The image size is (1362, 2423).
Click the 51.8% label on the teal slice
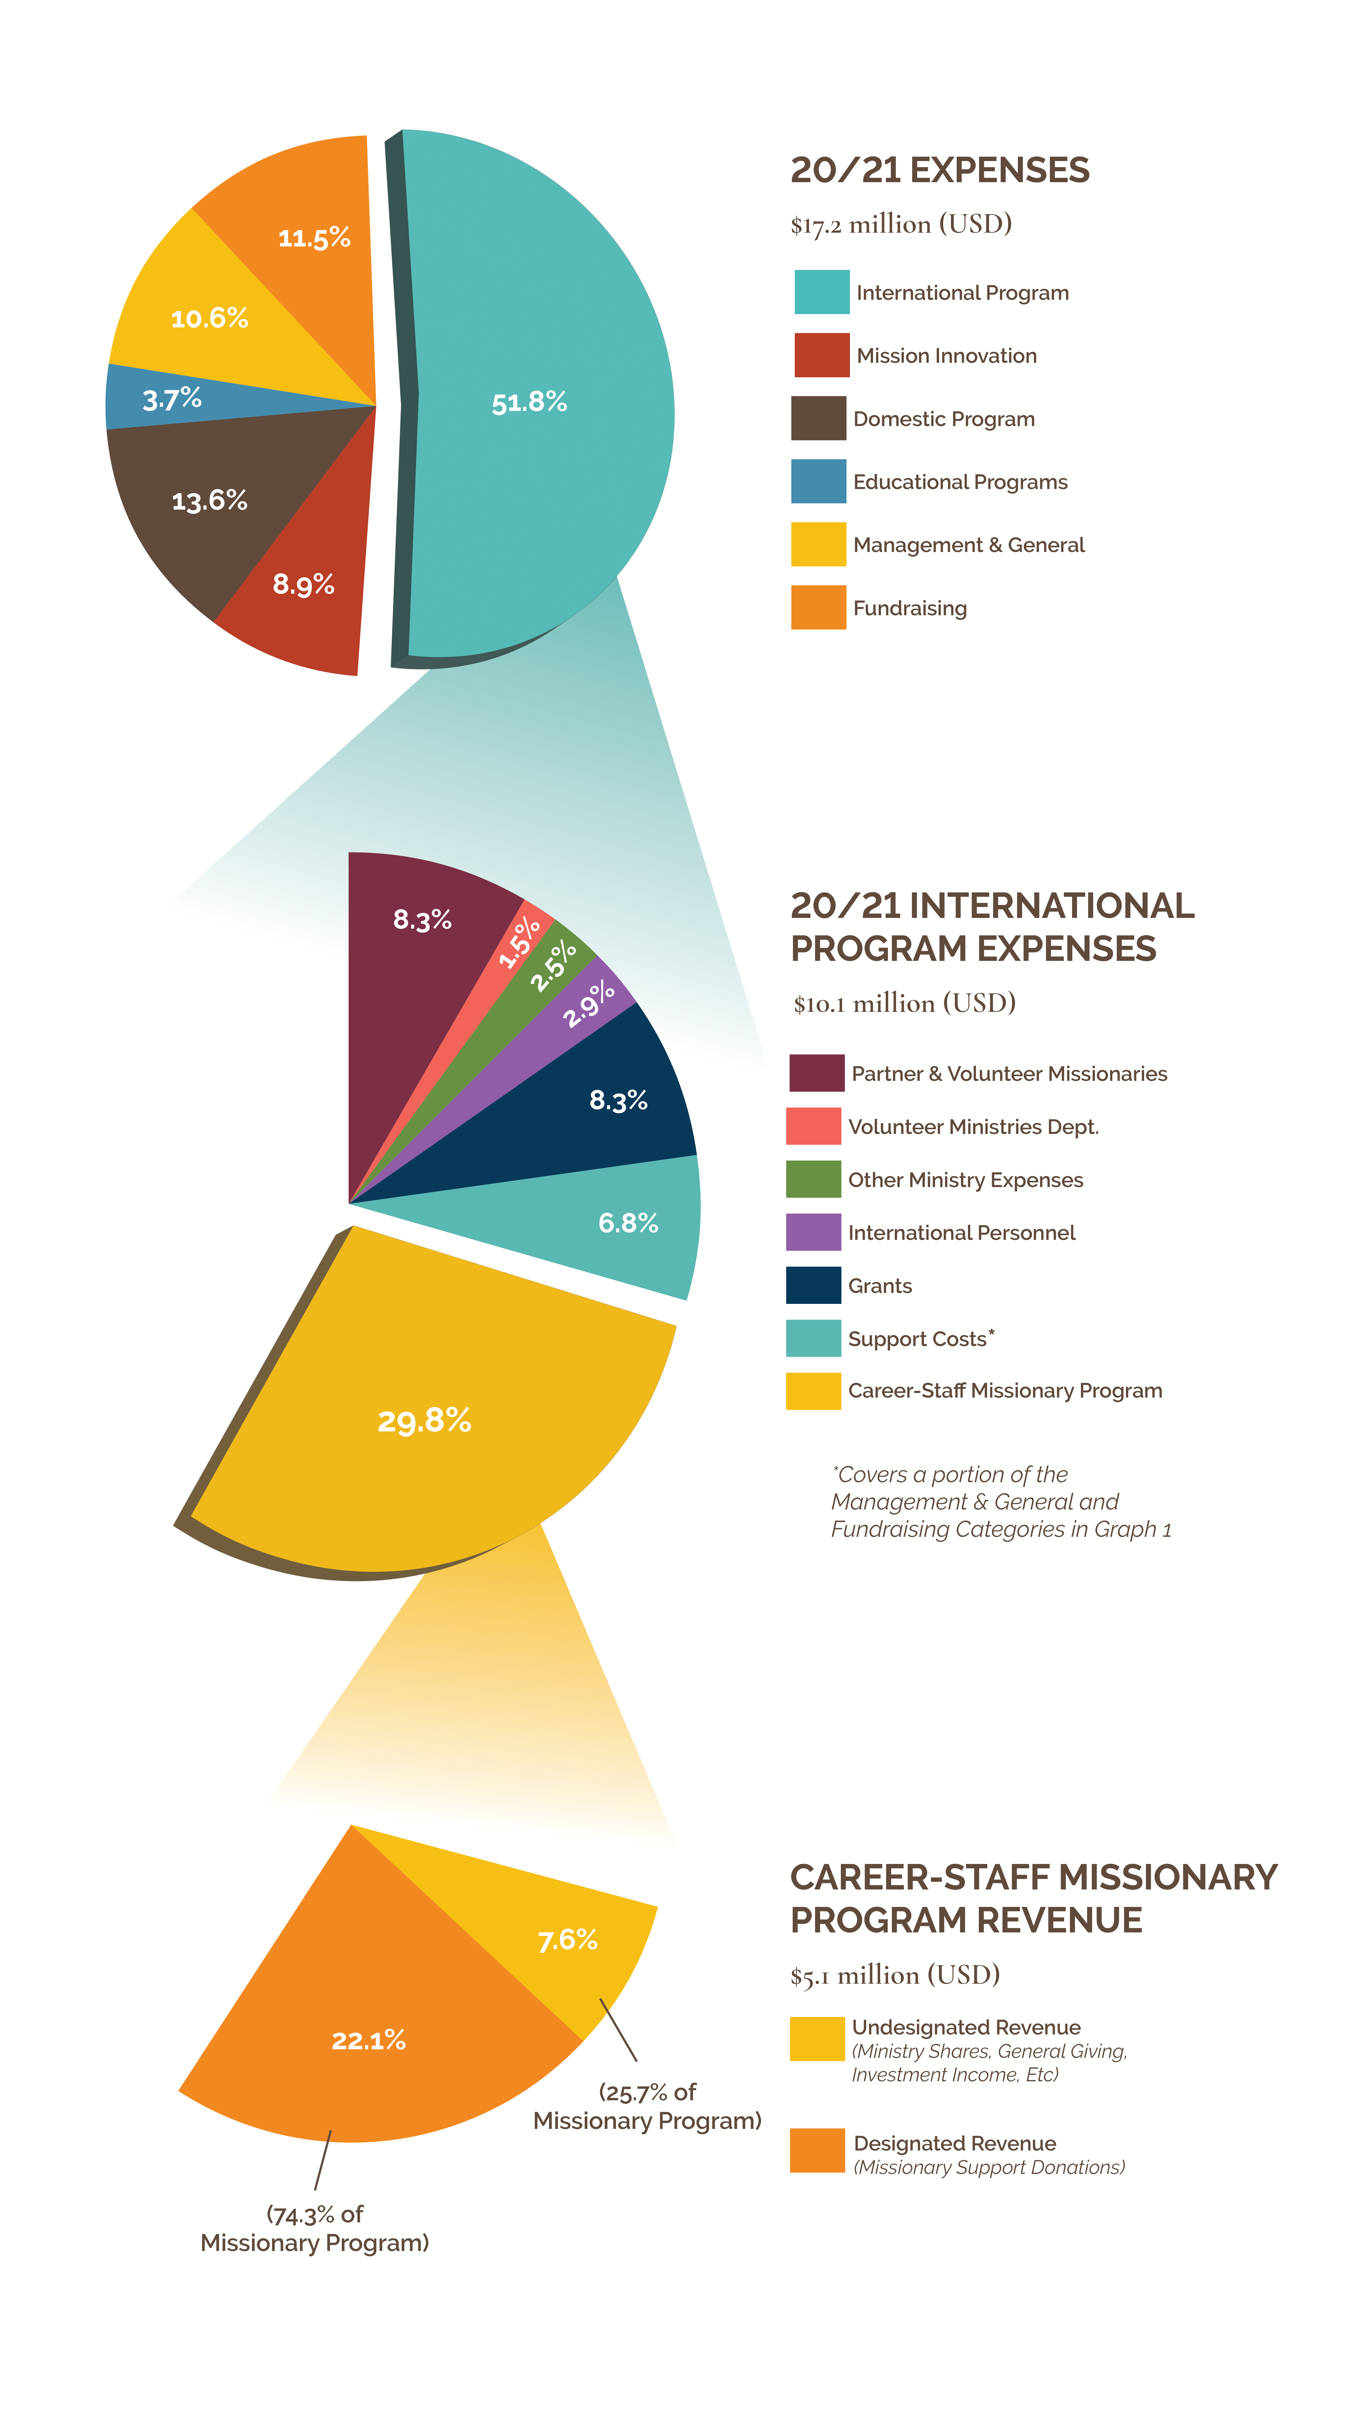pos(529,403)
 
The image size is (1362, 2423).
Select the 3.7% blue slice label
pos(172,399)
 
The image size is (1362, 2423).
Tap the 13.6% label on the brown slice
pos(210,500)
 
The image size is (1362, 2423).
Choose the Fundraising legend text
pos(910,608)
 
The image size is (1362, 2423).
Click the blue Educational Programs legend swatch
pos(818,481)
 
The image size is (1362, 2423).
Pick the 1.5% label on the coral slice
pos(519,942)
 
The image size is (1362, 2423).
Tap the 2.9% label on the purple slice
pos(589,1004)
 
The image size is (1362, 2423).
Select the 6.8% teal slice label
pos(628,1223)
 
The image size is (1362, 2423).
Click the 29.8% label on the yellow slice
pos(424,1420)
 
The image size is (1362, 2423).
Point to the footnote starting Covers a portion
pos(1001,1502)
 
